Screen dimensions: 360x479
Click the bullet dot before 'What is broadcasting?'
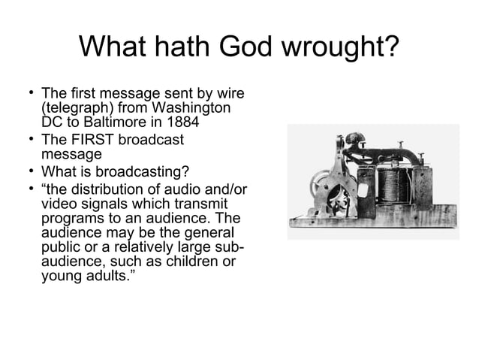coord(28,170)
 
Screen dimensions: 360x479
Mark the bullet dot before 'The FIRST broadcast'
coord(28,139)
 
